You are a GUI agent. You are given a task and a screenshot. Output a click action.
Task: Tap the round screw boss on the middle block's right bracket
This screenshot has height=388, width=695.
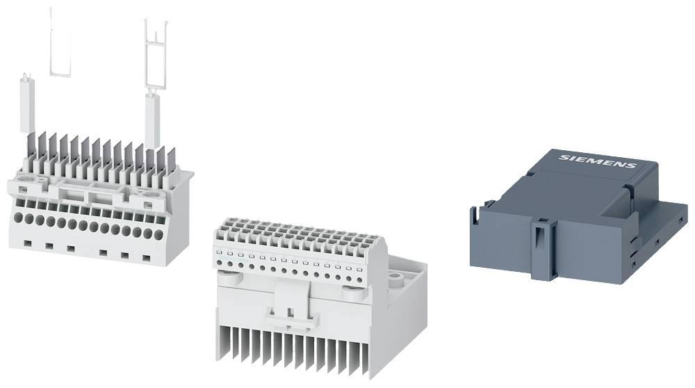click(x=398, y=277)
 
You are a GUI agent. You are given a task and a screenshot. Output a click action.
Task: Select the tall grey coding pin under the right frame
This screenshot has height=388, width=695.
click(x=153, y=120)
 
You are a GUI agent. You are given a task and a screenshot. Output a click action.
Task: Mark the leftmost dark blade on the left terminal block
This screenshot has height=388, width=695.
click(x=31, y=147)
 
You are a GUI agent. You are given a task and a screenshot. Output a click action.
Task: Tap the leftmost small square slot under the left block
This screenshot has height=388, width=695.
click(x=27, y=243)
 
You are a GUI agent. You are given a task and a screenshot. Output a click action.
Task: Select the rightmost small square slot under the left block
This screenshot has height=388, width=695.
click(x=147, y=258)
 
